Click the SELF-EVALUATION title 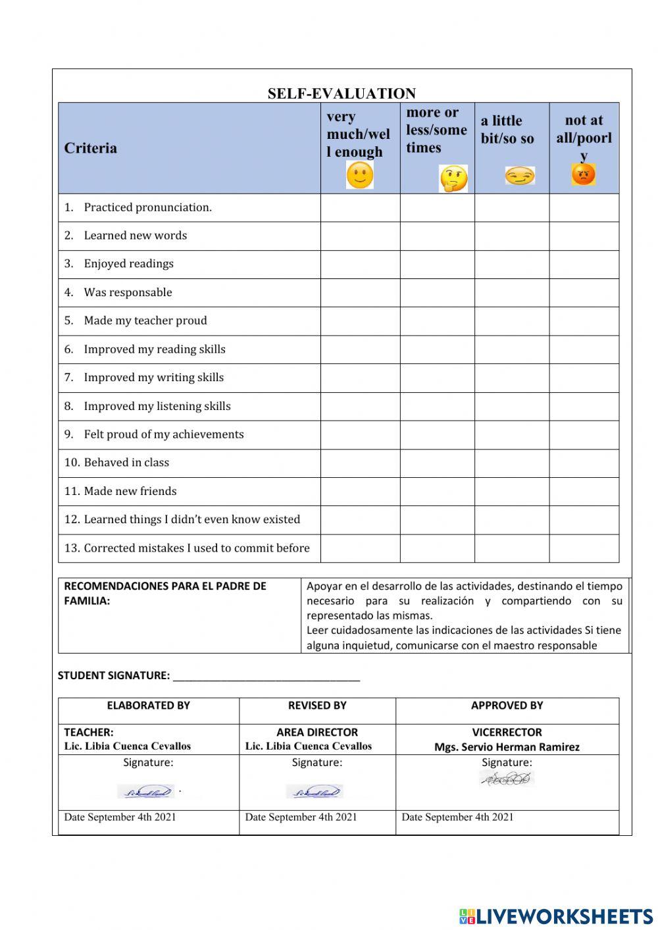coord(342,93)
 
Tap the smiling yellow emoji coord(359,176)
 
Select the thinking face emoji coord(453,178)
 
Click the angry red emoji coord(583,174)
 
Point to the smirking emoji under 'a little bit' coord(519,176)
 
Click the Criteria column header coord(91,148)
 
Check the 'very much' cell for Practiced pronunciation coord(360,208)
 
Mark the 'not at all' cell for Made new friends coord(584,492)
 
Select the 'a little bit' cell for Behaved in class coord(511,463)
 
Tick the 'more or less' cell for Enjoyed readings coord(437,265)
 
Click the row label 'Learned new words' coord(135,236)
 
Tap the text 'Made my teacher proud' coord(145,321)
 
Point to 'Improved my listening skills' coord(157,406)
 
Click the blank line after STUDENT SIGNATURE coord(266,677)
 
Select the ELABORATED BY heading coord(148,706)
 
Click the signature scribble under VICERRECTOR coord(507,779)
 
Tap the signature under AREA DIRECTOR coord(315,792)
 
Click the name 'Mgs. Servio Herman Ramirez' coord(507,747)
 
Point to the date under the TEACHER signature coord(120,817)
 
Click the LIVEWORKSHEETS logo coord(556,916)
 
